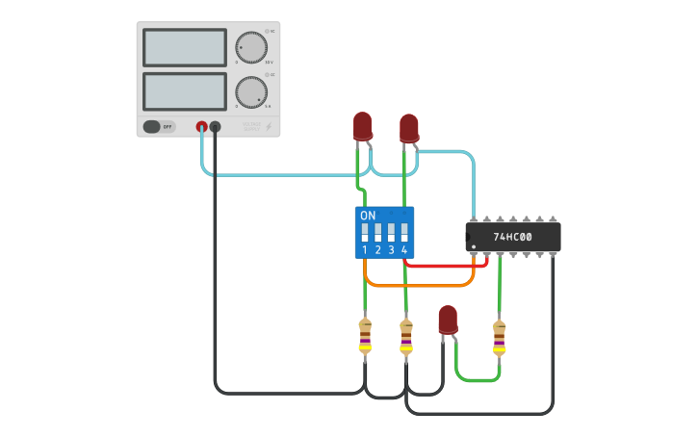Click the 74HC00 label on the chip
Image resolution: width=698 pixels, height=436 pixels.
pyautogui.click(x=512, y=237)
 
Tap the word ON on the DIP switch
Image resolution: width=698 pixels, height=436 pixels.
pyautogui.click(x=368, y=216)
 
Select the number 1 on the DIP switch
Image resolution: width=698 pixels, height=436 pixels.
pyautogui.click(x=365, y=250)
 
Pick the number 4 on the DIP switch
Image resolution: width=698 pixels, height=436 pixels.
pyautogui.click(x=404, y=250)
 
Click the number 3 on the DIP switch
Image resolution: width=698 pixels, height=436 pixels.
pyautogui.click(x=391, y=250)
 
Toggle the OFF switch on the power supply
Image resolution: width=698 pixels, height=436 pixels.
pyautogui.click(x=159, y=126)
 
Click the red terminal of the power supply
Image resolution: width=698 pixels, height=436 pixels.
pyautogui.click(x=202, y=126)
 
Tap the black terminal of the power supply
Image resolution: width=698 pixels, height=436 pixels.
pyautogui.click(x=216, y=126)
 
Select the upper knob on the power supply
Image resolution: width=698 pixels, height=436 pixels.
pyautogui.click(x=251, y=46)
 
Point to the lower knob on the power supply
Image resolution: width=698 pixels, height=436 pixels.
pyautogui.click(x=251, y=91)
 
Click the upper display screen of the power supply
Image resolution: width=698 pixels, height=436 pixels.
pyautogui.click(x=184, y=47)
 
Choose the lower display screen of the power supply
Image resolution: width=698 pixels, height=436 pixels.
pyautogui.click(x=184, y=91)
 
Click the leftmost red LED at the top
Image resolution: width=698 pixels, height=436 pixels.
pyautogui.click(x=362, y=126)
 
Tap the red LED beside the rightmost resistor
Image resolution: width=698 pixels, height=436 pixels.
pyautogui.click(x=448, y=320)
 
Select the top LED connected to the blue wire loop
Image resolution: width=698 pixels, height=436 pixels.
pyautogui.click(x=409, y=128)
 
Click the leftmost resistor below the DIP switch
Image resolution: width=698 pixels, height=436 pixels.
pyautogui.click(x=365, y=337)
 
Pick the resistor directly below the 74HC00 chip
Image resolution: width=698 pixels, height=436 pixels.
pyautogui.click(x=499, y=337)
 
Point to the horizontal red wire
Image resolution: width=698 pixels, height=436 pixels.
pyautogui.click(x=443, y=265)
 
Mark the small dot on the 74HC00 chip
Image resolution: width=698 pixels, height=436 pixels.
pyautogui.click(x=474, y=246)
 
